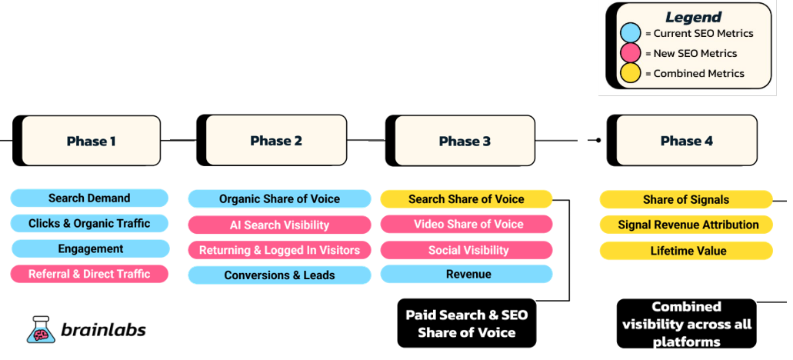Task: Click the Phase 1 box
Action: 86,141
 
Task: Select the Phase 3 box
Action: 460,141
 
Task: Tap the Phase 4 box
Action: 682,141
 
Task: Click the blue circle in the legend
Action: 630,33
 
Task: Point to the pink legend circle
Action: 630,53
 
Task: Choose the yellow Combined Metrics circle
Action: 630,73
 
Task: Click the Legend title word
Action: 693,17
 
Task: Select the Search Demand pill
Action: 89,198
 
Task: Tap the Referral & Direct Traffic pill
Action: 89,274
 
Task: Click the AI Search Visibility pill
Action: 280,225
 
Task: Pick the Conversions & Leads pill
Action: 280,275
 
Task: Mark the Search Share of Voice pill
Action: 466,199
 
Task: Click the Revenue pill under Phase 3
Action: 466,274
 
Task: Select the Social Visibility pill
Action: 466,250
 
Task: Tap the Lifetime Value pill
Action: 686,251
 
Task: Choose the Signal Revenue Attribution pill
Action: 686,225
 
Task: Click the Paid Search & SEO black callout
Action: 466,323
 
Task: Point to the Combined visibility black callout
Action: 686,324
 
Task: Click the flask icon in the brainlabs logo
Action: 40,329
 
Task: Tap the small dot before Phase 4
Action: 599,140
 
